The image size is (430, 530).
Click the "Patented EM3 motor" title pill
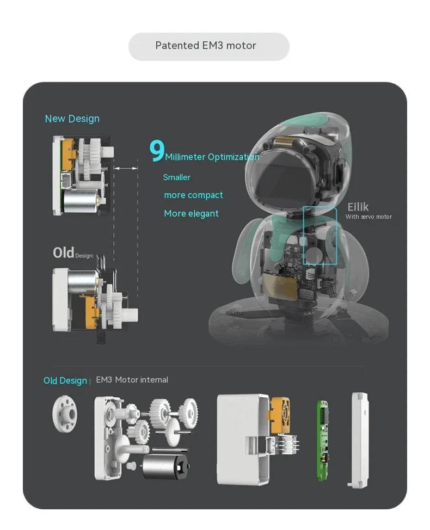click(208, 46)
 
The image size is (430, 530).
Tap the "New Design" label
click(72, 119)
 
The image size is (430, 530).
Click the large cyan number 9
click(157, 152)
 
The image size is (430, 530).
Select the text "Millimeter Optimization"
click(212, 157)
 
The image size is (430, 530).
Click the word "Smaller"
click(177, 177)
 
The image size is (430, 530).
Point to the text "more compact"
click(193, 195)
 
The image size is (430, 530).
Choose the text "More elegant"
click(191, 214)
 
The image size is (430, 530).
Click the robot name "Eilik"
click(358, 207)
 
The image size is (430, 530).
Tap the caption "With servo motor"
click(368, 217)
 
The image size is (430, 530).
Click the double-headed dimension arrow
click(126, 169)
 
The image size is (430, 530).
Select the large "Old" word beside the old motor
click(63, 253)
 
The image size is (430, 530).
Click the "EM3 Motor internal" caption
click(132, 380)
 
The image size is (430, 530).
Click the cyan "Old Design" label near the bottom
click(65, 380)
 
